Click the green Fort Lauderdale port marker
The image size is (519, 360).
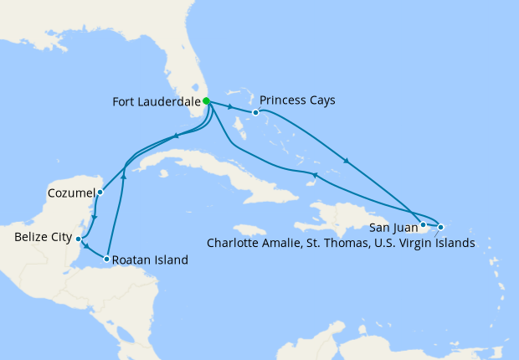tap(206, 101)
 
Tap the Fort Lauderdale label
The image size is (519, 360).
tap(157, 102)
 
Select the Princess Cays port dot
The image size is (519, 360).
tap(255, 112)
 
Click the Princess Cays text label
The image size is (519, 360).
tap(297, 100)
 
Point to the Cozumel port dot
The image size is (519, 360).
tap(100, 192)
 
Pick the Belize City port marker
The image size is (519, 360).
tap(79, 239)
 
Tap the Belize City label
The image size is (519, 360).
tap(44, 238)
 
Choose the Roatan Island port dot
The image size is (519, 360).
tap(106, 260)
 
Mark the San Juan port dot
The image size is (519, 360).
tap(424, 224)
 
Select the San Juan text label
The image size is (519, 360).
tap(392, 226)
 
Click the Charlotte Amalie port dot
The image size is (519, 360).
tap(441, 227)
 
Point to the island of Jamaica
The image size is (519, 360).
tap(249, 229)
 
